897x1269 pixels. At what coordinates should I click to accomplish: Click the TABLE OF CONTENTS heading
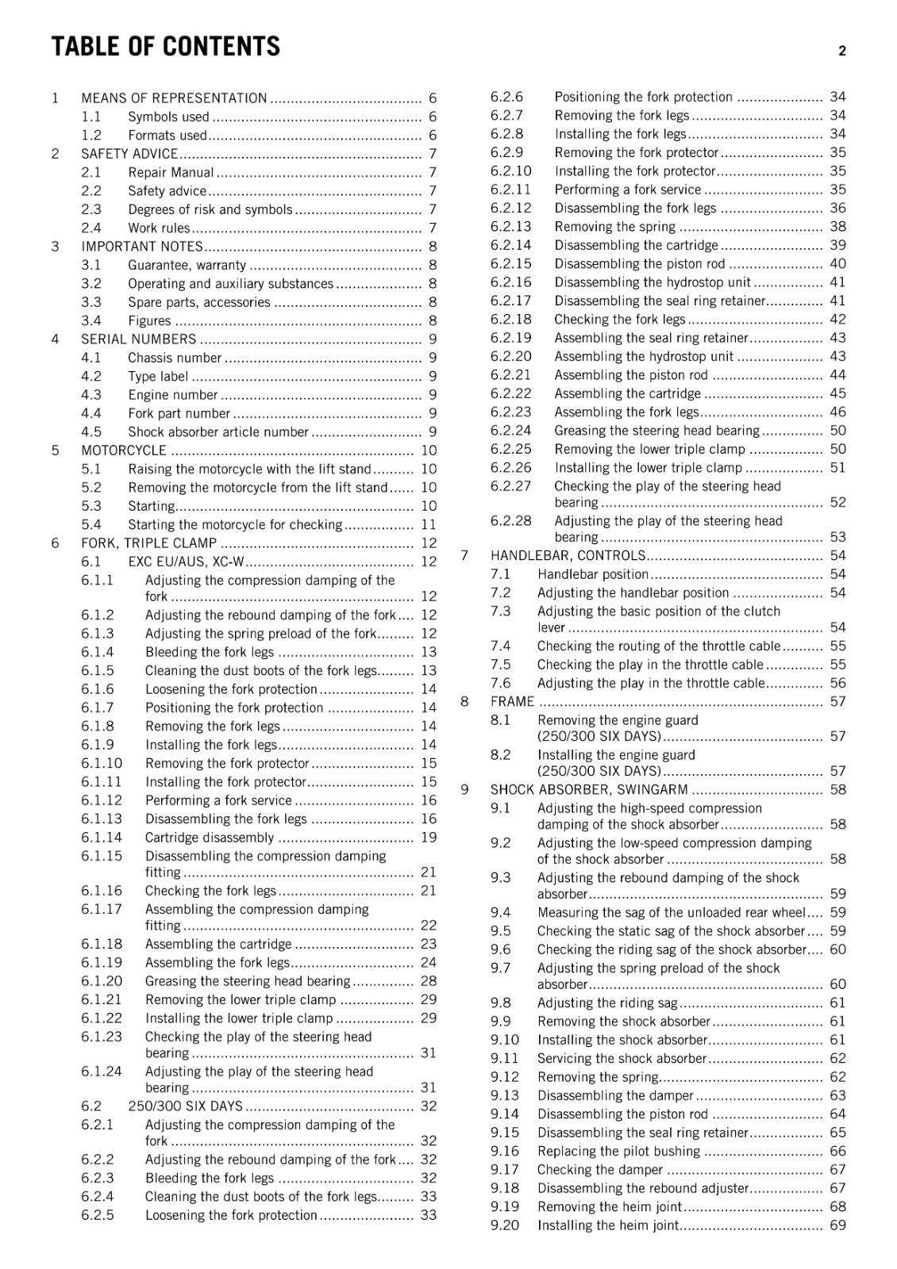tap(165, 47)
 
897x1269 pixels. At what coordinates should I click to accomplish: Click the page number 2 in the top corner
tap(841, 52)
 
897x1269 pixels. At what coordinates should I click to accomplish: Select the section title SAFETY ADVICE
tap(129, 154)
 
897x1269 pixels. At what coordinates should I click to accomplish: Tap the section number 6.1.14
tap(102, 838)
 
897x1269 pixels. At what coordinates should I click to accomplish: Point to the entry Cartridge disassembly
tap(210, 838)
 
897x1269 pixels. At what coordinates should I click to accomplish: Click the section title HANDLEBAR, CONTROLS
tap(568, 556)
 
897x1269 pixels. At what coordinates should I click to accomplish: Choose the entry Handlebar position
tap(593, 574)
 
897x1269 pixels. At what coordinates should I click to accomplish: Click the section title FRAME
tap(512, 702)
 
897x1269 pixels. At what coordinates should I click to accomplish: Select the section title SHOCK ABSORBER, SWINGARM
tap(589, 790)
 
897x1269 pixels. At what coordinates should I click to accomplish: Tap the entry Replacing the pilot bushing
tap(618, 1152)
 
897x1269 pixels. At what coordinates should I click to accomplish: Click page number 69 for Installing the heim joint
tap(837, 1225)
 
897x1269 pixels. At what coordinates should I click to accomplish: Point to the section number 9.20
tap(505, 1225)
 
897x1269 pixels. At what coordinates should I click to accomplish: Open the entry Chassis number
tap(175, 358)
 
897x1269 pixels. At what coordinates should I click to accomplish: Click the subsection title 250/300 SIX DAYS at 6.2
tap(185, 1106)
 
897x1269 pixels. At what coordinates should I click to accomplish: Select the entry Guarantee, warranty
tap(187, 265)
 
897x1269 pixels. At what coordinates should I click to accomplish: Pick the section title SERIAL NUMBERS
tap(138, 339)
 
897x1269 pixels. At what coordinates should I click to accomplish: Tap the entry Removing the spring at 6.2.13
tap(614, 227)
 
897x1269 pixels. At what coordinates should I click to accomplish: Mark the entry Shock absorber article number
tap(218, 432)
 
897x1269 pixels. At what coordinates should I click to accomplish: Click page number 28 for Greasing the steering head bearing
tap(429, 981)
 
